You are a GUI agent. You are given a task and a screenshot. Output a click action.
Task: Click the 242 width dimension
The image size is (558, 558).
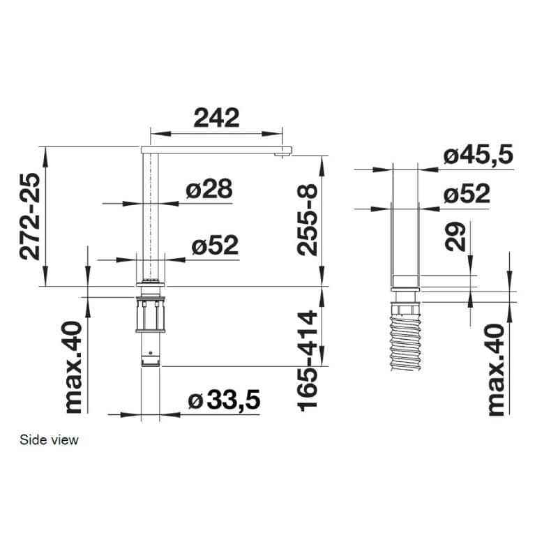click(x=216, y=118)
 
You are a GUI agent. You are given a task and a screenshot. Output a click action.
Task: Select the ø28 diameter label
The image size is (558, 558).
click(x=209, y=188)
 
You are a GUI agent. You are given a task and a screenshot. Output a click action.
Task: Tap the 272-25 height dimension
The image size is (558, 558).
click(x=30, y=216)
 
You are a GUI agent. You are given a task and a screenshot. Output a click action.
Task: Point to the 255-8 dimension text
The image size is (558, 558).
click(x=307, y=220)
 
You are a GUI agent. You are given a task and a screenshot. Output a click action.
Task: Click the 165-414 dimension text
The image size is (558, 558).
click(x=307, y=361)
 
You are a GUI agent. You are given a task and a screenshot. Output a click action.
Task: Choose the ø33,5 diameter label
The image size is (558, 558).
click(x=224, y=400)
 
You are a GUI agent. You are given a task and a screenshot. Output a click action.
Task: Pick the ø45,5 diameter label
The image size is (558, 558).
click(x=478, y=155)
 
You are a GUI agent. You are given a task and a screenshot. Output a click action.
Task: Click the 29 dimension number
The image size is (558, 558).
click(x=455, y=236)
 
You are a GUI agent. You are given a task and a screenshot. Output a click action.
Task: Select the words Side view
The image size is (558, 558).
click(x=49, y=440)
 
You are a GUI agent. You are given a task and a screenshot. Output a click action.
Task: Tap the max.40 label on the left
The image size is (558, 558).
click(x=74, y=368)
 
